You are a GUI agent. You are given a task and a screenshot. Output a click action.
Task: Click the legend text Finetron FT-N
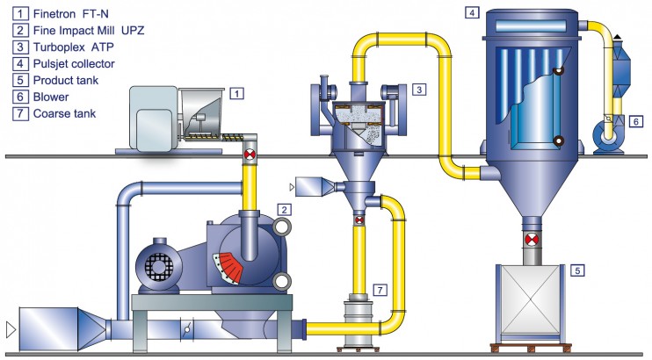pyautogui.click(x=70, y=14)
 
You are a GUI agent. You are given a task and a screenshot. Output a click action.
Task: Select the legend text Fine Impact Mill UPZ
pyautogui.click(x=89, y=31)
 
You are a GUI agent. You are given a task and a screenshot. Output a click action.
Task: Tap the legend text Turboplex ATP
pyautogui.click(x=73, y=47)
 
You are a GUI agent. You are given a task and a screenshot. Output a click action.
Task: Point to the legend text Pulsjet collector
pyautogui.click(x=74, y=63)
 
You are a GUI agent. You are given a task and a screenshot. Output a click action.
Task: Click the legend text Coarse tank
pyautogui.click(x=64, y=113)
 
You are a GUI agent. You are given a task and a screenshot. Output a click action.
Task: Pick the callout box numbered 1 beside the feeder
pyautogui.click(x=236, y=94)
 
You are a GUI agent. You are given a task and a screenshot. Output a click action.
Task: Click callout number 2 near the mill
pyautogui.click(x=284, y=210)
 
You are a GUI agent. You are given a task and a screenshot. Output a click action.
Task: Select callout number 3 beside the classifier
pyautogui.click(x=419, y=90)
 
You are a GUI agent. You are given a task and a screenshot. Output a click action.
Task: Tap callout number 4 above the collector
pyautogui.click(x=472, y=13)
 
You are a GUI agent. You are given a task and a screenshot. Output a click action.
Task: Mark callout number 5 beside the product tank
pyautogui.click(x=577, y=270)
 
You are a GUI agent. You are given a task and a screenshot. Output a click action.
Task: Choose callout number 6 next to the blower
pyautogui.click(x=636, y=122)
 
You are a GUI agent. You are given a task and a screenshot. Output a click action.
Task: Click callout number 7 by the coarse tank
pyautogui.click(x=380, y=290)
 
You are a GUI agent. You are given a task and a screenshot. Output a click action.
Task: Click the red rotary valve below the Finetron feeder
pyautogui.click(x=250, y=155)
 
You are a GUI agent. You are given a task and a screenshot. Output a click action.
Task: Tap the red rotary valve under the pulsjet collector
pyautogui.click(x=532, y=240)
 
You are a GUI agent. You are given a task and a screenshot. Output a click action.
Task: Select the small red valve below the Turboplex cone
pyautogui.click(x=359, y=220)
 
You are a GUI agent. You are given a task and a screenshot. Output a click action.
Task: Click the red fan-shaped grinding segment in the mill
pyautogui.click(x=228, y=266)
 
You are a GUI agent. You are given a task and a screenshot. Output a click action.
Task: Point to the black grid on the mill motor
pyautogui.click(x=158, y=266)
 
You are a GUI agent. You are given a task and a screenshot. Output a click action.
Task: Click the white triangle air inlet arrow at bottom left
pyautogui.click(x=11, y=329)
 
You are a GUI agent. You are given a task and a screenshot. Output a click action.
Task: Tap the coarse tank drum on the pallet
pyautogui.click(x=358, y=322)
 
